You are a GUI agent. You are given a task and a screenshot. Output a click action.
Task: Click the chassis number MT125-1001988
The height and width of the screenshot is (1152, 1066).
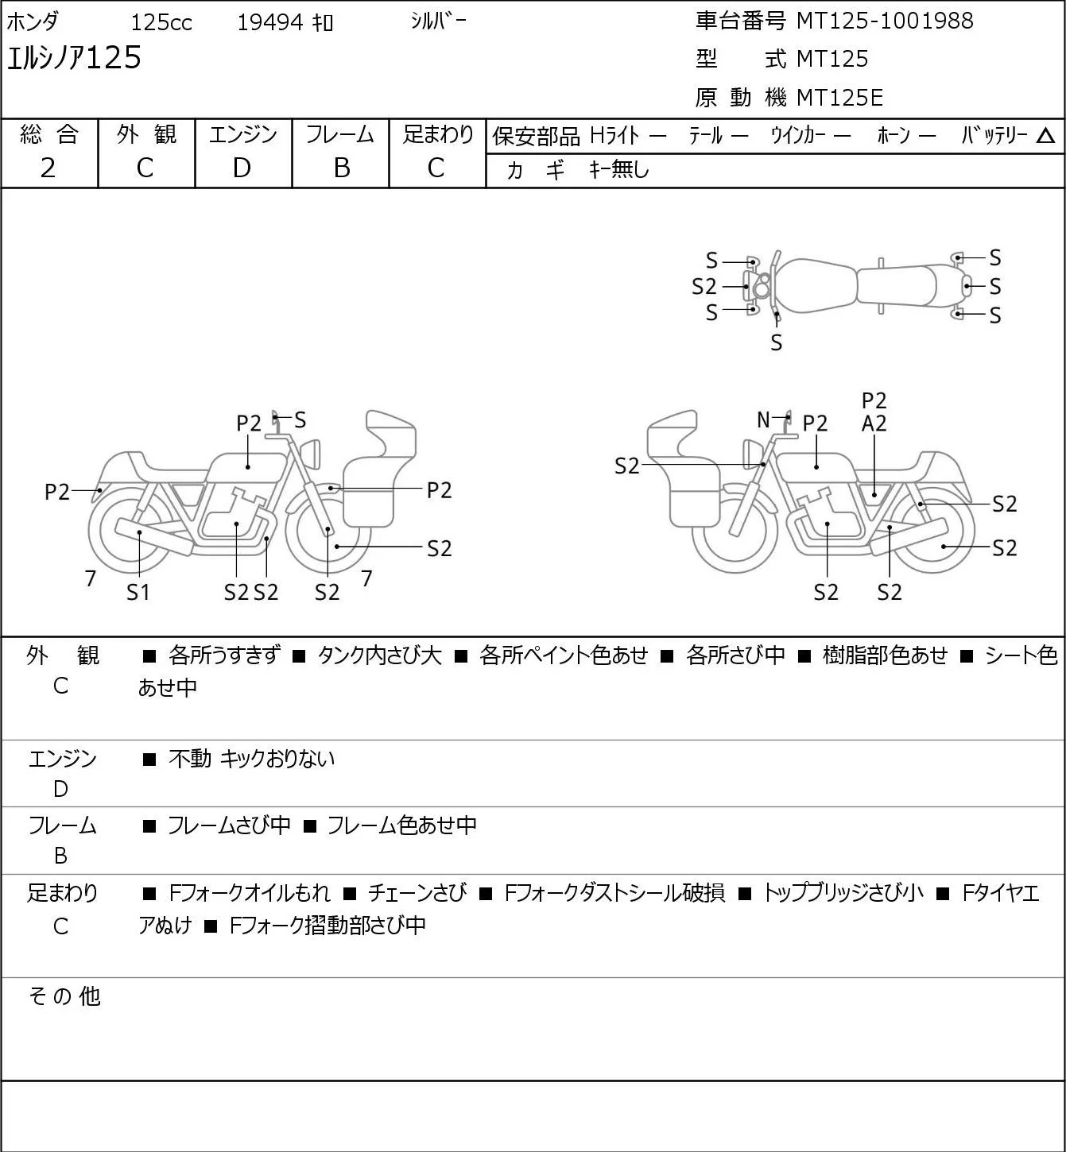884,21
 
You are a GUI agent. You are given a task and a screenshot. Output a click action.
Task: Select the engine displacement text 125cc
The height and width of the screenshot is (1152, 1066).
161,22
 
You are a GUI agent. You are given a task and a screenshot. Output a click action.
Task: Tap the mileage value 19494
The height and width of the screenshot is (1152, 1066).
270,22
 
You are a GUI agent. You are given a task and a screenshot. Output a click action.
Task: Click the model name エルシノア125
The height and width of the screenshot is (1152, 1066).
74,58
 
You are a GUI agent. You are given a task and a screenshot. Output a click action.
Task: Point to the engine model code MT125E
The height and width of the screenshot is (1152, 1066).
839,98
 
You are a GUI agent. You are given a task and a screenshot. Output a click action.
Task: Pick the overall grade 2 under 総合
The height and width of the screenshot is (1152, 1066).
48,168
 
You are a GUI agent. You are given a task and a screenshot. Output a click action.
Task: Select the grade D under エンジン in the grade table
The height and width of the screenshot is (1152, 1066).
242,168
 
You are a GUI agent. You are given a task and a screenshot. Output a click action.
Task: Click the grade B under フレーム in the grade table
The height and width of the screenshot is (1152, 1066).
341,168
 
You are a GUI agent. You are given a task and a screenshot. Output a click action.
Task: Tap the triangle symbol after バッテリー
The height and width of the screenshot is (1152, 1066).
1045,137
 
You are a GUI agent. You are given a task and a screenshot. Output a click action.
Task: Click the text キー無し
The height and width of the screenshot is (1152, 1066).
618,169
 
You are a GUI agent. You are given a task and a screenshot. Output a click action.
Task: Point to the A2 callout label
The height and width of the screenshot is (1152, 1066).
874,424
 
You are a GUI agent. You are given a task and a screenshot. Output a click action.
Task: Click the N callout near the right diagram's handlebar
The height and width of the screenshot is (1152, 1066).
763,419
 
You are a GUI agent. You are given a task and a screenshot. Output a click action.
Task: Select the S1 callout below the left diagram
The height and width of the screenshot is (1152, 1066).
138,592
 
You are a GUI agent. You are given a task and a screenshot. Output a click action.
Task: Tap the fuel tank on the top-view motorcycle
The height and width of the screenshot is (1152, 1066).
816,286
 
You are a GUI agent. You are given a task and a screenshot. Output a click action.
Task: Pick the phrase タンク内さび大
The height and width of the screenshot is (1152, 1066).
380,655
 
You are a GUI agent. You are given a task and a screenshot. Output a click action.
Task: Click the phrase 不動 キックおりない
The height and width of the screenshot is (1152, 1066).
251,759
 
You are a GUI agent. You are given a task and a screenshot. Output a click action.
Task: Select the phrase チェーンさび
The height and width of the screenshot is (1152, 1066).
417,893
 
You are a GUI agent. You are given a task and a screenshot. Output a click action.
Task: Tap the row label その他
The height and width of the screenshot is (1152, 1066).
64,996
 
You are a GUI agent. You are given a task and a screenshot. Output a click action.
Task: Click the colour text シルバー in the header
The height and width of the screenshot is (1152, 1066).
438,21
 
